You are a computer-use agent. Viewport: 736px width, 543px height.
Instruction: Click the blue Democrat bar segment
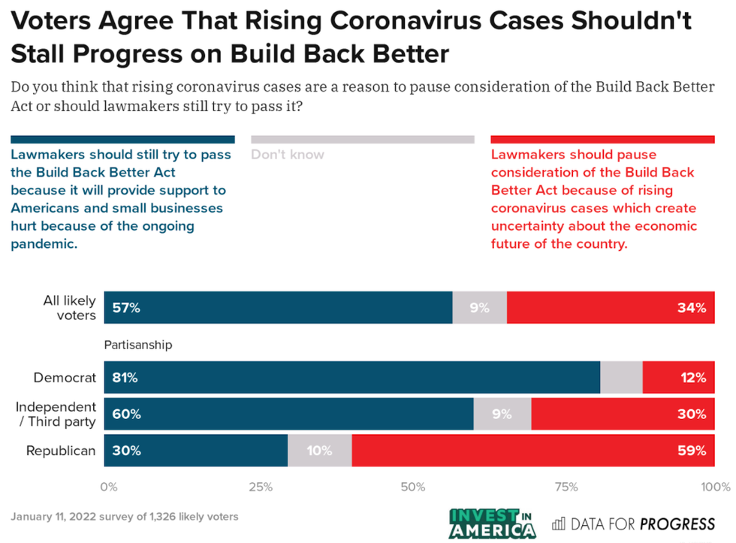[352, 378]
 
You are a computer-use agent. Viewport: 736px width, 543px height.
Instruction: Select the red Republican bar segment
[533, 451]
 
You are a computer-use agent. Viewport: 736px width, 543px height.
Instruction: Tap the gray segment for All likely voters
[480, 307]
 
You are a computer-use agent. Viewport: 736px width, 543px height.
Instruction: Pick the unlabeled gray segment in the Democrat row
[622, 378]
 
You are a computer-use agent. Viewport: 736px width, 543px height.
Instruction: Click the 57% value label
[126, 307]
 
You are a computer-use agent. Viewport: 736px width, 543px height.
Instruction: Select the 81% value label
[125, 378]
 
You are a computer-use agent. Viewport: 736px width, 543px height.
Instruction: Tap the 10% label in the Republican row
[319, 451]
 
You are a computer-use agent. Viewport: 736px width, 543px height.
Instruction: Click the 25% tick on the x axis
[260, 487]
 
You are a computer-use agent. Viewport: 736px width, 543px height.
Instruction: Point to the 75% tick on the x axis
[565, 487]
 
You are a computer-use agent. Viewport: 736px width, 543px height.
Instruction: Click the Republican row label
[61, 451]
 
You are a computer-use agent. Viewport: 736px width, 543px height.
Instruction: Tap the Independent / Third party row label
[56, 414]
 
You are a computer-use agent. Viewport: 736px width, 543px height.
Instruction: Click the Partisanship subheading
[138, 345]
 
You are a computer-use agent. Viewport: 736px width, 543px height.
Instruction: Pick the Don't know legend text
[288, 155]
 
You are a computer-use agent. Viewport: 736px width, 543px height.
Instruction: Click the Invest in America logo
[493, 523]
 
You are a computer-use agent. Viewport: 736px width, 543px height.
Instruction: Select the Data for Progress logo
[634, 523]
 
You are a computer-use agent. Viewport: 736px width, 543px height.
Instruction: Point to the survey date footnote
[125, 517]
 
